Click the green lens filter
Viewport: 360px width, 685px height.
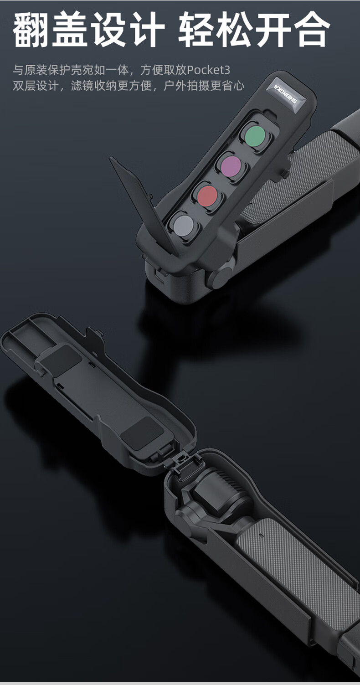click(x=255, y=135)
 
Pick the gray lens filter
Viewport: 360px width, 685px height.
click(x=183, y=225)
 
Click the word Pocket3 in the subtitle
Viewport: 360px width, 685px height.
click(x=208, y=70)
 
